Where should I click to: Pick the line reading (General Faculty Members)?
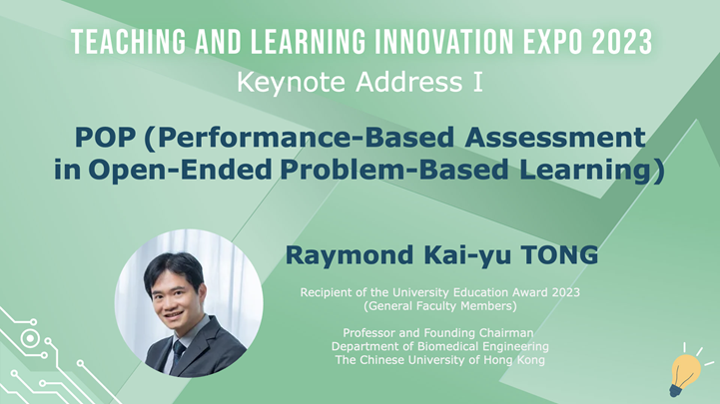click(440, 306)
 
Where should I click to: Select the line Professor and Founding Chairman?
click(440, 332)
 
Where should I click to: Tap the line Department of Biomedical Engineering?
click(440, 346)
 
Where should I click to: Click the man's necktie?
click(178, 349)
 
